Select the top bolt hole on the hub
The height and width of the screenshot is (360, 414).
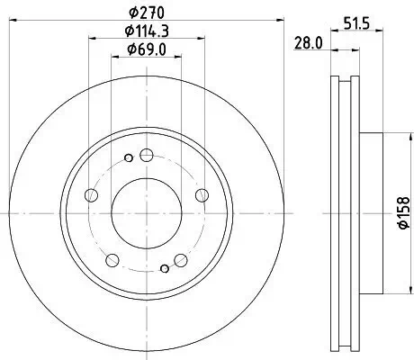[x=145, y=154]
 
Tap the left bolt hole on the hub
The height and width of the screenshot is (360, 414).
[x=89, y=195]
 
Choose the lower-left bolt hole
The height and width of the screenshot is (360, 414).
[x=112, y=260]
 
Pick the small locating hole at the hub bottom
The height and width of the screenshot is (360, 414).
[x=163, y=267]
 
